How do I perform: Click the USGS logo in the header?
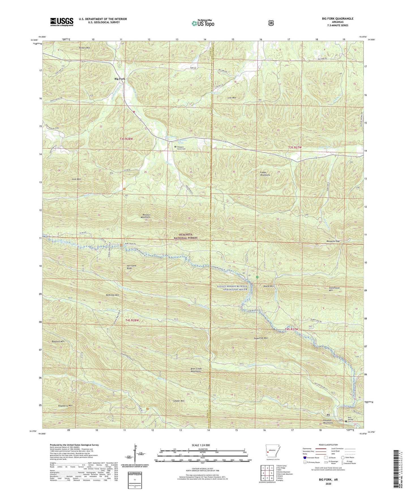click(62, 22)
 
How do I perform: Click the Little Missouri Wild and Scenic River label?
click(232, 288)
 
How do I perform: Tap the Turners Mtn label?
click(84, 48)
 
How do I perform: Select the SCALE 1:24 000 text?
click(202, 445)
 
